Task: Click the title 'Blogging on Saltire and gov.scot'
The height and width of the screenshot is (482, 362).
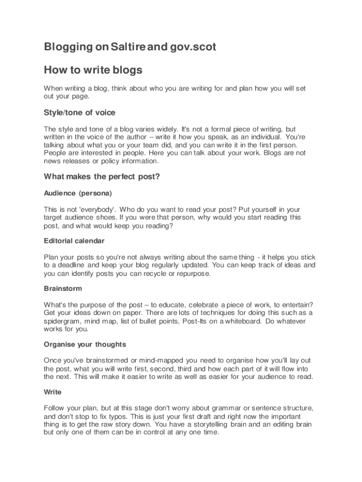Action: point(130,48)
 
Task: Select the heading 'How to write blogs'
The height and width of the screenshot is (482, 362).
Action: point(93,71)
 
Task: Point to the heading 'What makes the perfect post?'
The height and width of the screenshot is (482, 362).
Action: point(102,177)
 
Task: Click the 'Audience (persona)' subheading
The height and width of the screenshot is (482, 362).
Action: point(78,193)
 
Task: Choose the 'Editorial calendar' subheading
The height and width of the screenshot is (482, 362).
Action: point(74,241)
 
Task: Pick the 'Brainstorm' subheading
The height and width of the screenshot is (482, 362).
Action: point(63,289)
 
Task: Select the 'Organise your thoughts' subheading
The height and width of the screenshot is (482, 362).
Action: point(85,344)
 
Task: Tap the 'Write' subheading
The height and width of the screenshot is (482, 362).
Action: point(53,392)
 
